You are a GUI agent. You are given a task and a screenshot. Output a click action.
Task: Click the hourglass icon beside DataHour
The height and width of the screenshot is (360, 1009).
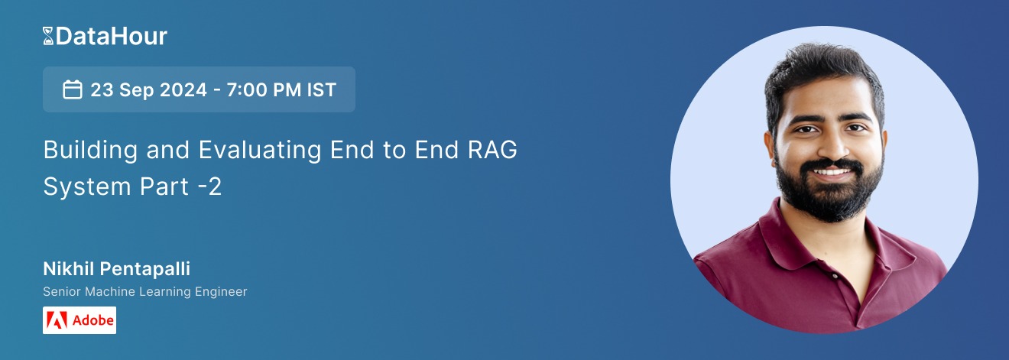tap(49, 36)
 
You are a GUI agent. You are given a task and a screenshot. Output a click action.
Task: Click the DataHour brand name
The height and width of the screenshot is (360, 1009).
tap(111, 36)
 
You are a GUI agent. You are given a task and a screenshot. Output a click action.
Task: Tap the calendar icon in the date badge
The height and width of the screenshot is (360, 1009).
tap(73, 89)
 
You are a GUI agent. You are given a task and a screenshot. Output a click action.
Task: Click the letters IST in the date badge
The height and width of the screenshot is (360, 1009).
tap(321, 89)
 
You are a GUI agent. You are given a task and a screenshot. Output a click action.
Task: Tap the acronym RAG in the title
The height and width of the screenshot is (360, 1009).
tap(492, 151)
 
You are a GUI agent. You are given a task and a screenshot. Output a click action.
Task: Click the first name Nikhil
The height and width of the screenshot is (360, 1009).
tap(64, 270)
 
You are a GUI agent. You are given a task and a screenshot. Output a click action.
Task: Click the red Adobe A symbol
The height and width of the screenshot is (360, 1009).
tap(57, 320)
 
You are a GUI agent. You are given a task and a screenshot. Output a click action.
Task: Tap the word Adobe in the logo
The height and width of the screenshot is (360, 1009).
tap(92, 320)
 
